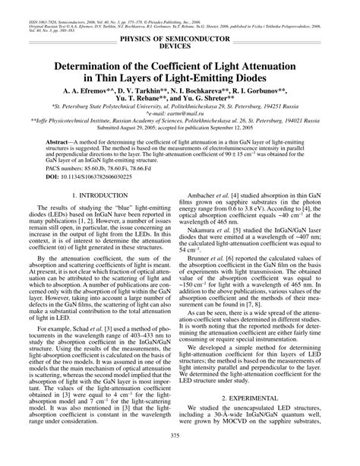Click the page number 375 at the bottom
[180, 455]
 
